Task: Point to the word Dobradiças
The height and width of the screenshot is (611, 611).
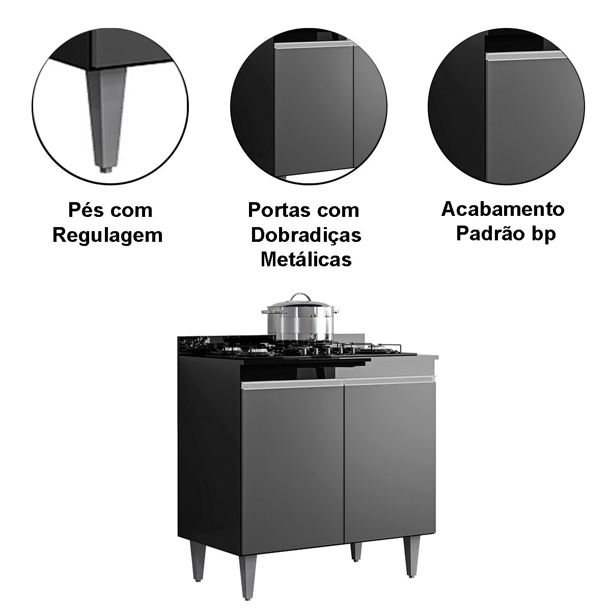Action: (306, 236)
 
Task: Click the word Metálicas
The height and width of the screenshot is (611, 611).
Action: (307, 260)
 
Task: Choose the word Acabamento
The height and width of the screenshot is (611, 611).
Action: (503, 209)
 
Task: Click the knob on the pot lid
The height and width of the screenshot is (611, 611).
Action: (298, 296)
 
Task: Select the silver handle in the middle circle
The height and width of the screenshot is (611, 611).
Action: (314, 45)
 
